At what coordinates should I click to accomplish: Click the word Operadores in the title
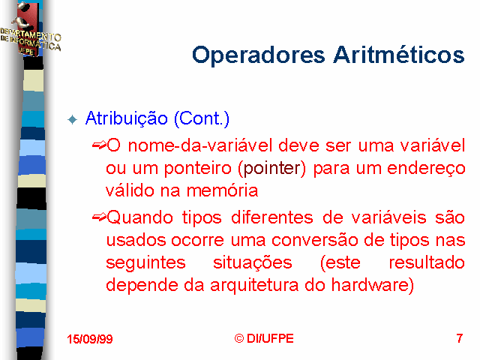pyautogui.click(x=258, y=55)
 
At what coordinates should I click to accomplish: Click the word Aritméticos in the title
pyautogui.click(x=399, y=55)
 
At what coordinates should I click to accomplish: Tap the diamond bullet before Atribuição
pyautogui.click(x=73, y=119)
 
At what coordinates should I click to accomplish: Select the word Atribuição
pyautogui.click(x=127, y=118)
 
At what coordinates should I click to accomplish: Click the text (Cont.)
pyautogui.click(x=202, y=118)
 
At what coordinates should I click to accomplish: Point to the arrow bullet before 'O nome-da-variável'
pyautogui.click(x=99, y=145)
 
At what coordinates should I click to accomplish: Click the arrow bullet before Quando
pyautogui.click(x=99, y=217)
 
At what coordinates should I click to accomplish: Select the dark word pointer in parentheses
pyautogui.click(x=271, y=168)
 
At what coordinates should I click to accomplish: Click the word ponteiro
pyautogui.click(x=197, y=168)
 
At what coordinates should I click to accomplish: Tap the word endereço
pyautogui.click(x=426, y=169)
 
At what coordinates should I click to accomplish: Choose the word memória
pyautogui.click(x=222, y=190)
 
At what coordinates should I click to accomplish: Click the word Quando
pyautogui.click(x=140, y=217)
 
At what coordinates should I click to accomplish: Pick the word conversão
pyautogui.click(x=315, y=240)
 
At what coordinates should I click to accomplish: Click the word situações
pyautogui.click(x=253, y=263)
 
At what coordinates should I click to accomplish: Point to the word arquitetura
pyautogui.click(x=254, y=286)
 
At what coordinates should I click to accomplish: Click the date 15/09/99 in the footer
pyautogui.click(x=90, y=339)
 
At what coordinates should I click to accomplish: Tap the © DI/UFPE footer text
pyautogui.click(x=264, y=338)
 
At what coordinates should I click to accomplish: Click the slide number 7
pyautogui.click(x=459, y=338)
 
